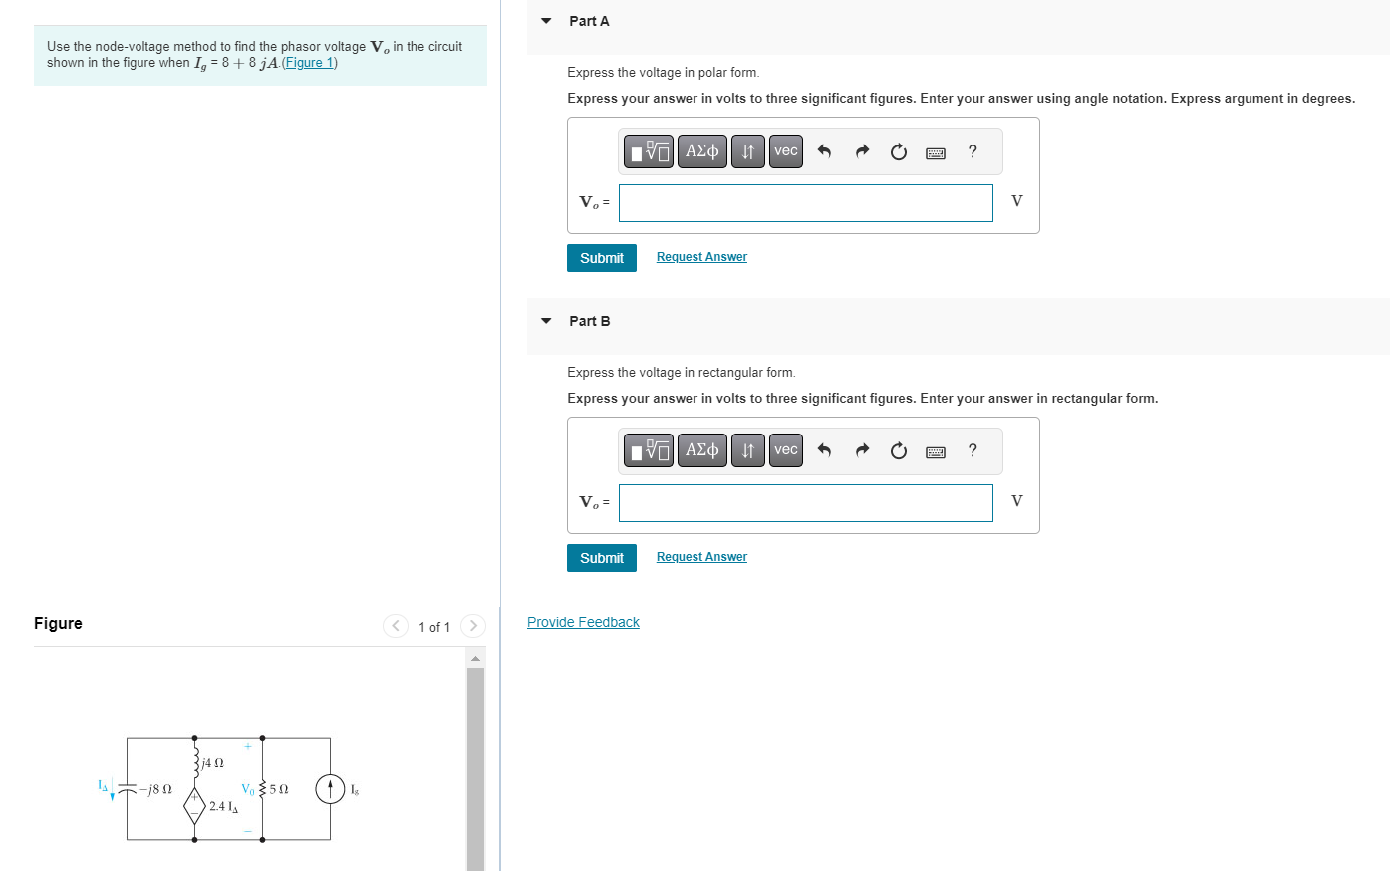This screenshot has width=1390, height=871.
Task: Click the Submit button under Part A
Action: [601, 258]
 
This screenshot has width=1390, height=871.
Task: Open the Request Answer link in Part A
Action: [701, 257]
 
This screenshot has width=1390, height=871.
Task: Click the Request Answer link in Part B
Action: [701, 557]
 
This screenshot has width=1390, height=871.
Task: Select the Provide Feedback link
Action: [583, 622]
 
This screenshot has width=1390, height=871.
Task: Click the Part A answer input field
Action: [805, 203]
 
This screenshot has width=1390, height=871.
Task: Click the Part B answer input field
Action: [805, 503]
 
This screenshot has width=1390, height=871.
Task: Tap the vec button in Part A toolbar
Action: [785, 151]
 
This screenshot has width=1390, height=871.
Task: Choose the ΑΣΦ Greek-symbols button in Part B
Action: [701, 450]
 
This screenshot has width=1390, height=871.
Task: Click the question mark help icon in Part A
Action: [973, 151]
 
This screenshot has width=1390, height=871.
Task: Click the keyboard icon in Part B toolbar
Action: [935, 451]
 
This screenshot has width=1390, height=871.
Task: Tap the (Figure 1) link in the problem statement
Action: [310, 63]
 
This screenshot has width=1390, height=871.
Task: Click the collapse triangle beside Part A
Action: [546, 21]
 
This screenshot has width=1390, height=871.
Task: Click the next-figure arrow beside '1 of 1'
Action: [473, 626]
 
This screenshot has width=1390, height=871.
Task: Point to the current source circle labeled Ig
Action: [330, 789]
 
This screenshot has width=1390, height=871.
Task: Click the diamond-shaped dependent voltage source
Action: [195, 804]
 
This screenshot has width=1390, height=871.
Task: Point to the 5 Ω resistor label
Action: [279, 789]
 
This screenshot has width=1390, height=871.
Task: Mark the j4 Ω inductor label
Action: [212, 763]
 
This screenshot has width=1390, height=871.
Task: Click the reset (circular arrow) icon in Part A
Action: [898, 151]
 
